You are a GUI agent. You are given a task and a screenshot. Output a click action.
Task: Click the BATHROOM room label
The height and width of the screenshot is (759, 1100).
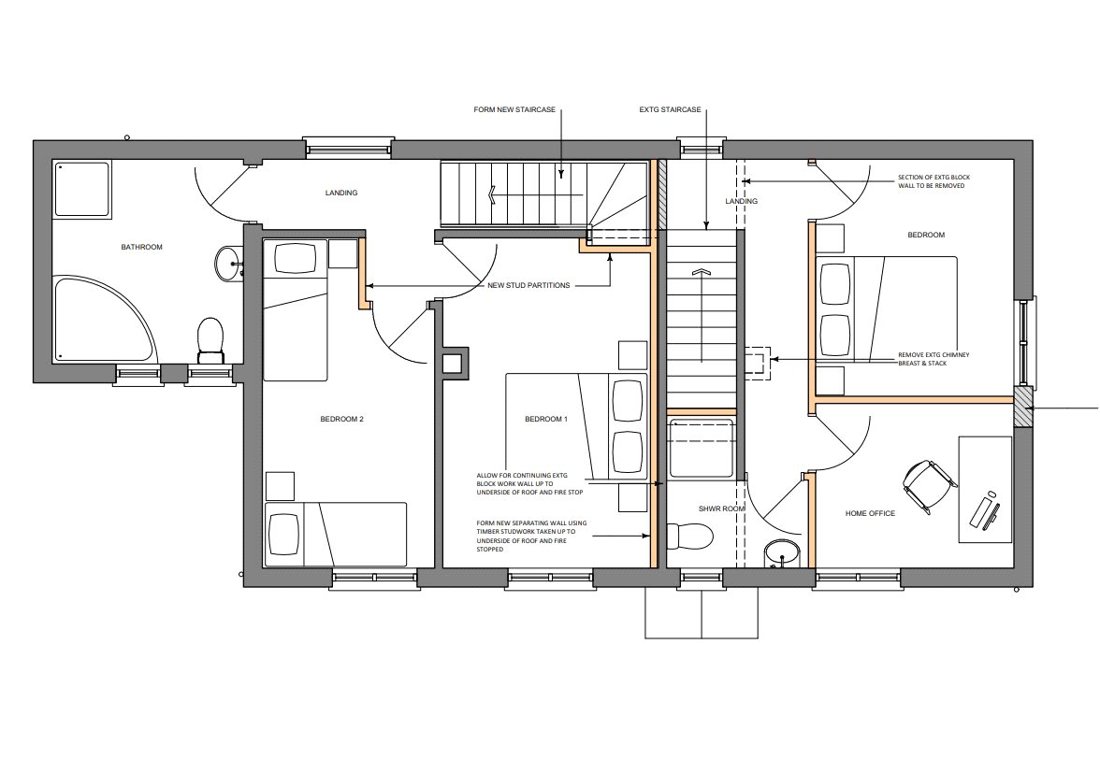pyautogui.click(x=142, y=247)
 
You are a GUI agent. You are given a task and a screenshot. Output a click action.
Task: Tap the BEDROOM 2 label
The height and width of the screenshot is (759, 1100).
pyautogui.click(x=341, y=419)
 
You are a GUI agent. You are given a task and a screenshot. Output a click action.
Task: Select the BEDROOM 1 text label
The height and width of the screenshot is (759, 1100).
pyautogui.click(x=546, y=419)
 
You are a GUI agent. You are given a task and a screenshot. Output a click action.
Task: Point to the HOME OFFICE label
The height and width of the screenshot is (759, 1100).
pyautogui.click(x=870, y=514)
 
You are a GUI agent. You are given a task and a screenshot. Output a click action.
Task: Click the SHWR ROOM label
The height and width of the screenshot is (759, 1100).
pyautogui.click(x=721, y=508)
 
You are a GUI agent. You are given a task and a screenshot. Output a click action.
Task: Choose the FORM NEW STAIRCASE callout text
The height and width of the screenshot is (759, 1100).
pyautogui.click(x=514, y=110)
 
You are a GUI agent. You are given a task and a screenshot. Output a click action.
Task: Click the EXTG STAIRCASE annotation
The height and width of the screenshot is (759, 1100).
pyautogui.click(x=670, y=110)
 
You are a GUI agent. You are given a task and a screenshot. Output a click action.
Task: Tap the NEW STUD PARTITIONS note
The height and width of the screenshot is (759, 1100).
pyautogui.click(x=529, y=286)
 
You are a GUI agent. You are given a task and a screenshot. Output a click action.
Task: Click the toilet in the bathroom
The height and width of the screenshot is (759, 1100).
pyautogui.click(x=210, y=340)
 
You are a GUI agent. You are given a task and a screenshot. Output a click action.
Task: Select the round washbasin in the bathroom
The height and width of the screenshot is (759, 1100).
pyautogui.click(x=227, y=264)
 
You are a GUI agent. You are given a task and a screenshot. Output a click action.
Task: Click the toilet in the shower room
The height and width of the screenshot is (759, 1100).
pyautogui.click(x=688, y=537)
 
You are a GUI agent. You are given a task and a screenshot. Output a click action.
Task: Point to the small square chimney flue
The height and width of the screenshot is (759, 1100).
pyautogui.click(x=452, y=363)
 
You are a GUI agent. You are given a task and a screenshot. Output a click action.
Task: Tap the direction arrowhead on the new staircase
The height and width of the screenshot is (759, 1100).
pyautogui.click(x=494, y=193)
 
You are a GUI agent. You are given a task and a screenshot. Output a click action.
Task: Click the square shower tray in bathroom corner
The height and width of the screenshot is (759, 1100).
pyautogui.click(x=82, y=189)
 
